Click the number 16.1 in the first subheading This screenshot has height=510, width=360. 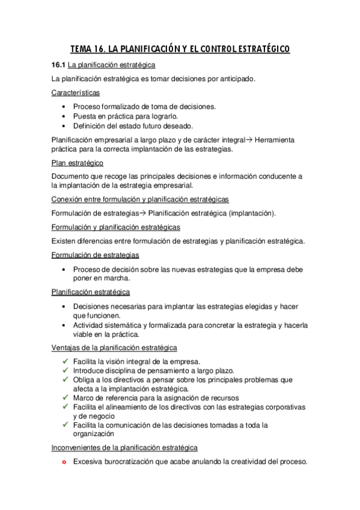(58, 65)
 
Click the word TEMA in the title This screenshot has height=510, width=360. (82, 49)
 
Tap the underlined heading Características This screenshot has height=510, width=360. (76, 93)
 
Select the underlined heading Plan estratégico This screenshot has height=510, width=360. (78, 163)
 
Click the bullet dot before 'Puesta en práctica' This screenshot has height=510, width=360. (64, 116)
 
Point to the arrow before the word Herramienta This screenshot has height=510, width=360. (250, 140)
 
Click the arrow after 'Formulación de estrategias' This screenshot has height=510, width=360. (143, 213)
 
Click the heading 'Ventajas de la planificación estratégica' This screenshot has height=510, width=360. (114, 348)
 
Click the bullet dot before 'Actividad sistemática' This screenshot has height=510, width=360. (64, 325)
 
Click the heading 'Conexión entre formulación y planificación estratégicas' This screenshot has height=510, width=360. (140, 199)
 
